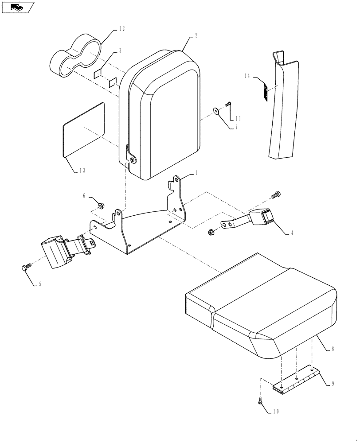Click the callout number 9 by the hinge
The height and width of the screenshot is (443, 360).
click(x=333, y=384)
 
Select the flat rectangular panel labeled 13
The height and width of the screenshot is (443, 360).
click(x=84, y=129)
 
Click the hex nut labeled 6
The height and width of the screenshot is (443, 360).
click(x=102, y=205)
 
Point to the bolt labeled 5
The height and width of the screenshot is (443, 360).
click(x=26, y=267)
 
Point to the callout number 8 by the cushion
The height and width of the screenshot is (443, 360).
click(x=333, y=350)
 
